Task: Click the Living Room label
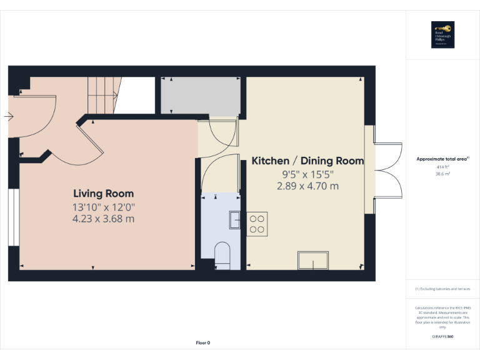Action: point(103,194)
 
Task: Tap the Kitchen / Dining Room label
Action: point(307,161)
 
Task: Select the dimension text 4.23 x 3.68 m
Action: point(103,219)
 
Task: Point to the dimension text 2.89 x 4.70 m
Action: point(307,186)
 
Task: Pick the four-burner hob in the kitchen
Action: point(257,223)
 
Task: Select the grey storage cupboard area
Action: point(200,95)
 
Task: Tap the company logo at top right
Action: point(442,35)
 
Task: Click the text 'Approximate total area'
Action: point(442,159)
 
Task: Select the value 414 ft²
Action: point(442,167)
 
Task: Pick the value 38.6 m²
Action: point(442,175)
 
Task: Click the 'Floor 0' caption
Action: point(203,342)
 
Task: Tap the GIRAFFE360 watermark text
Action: point(442,337)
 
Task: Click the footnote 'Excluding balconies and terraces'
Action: point(442,289)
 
